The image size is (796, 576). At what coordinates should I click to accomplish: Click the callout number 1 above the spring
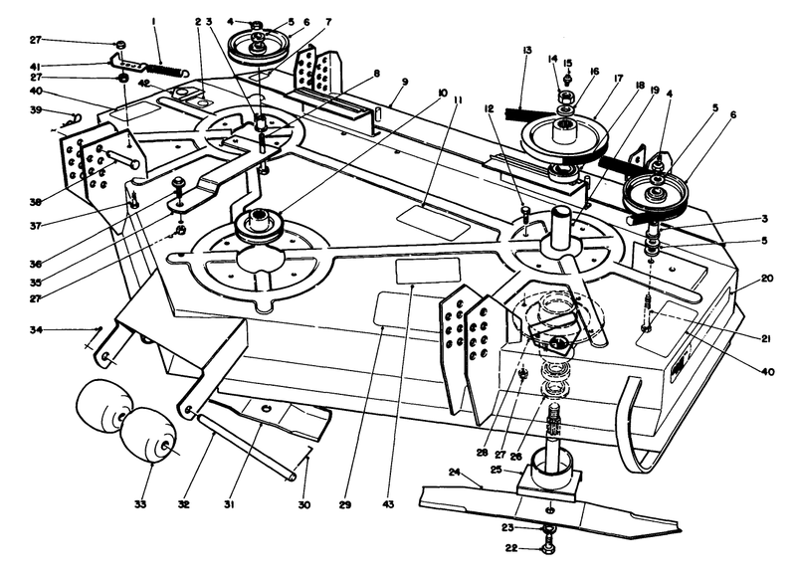(153, 21)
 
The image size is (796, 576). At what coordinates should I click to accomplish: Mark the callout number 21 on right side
(765, 339)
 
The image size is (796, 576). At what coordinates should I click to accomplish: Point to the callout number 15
(567, 62)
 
